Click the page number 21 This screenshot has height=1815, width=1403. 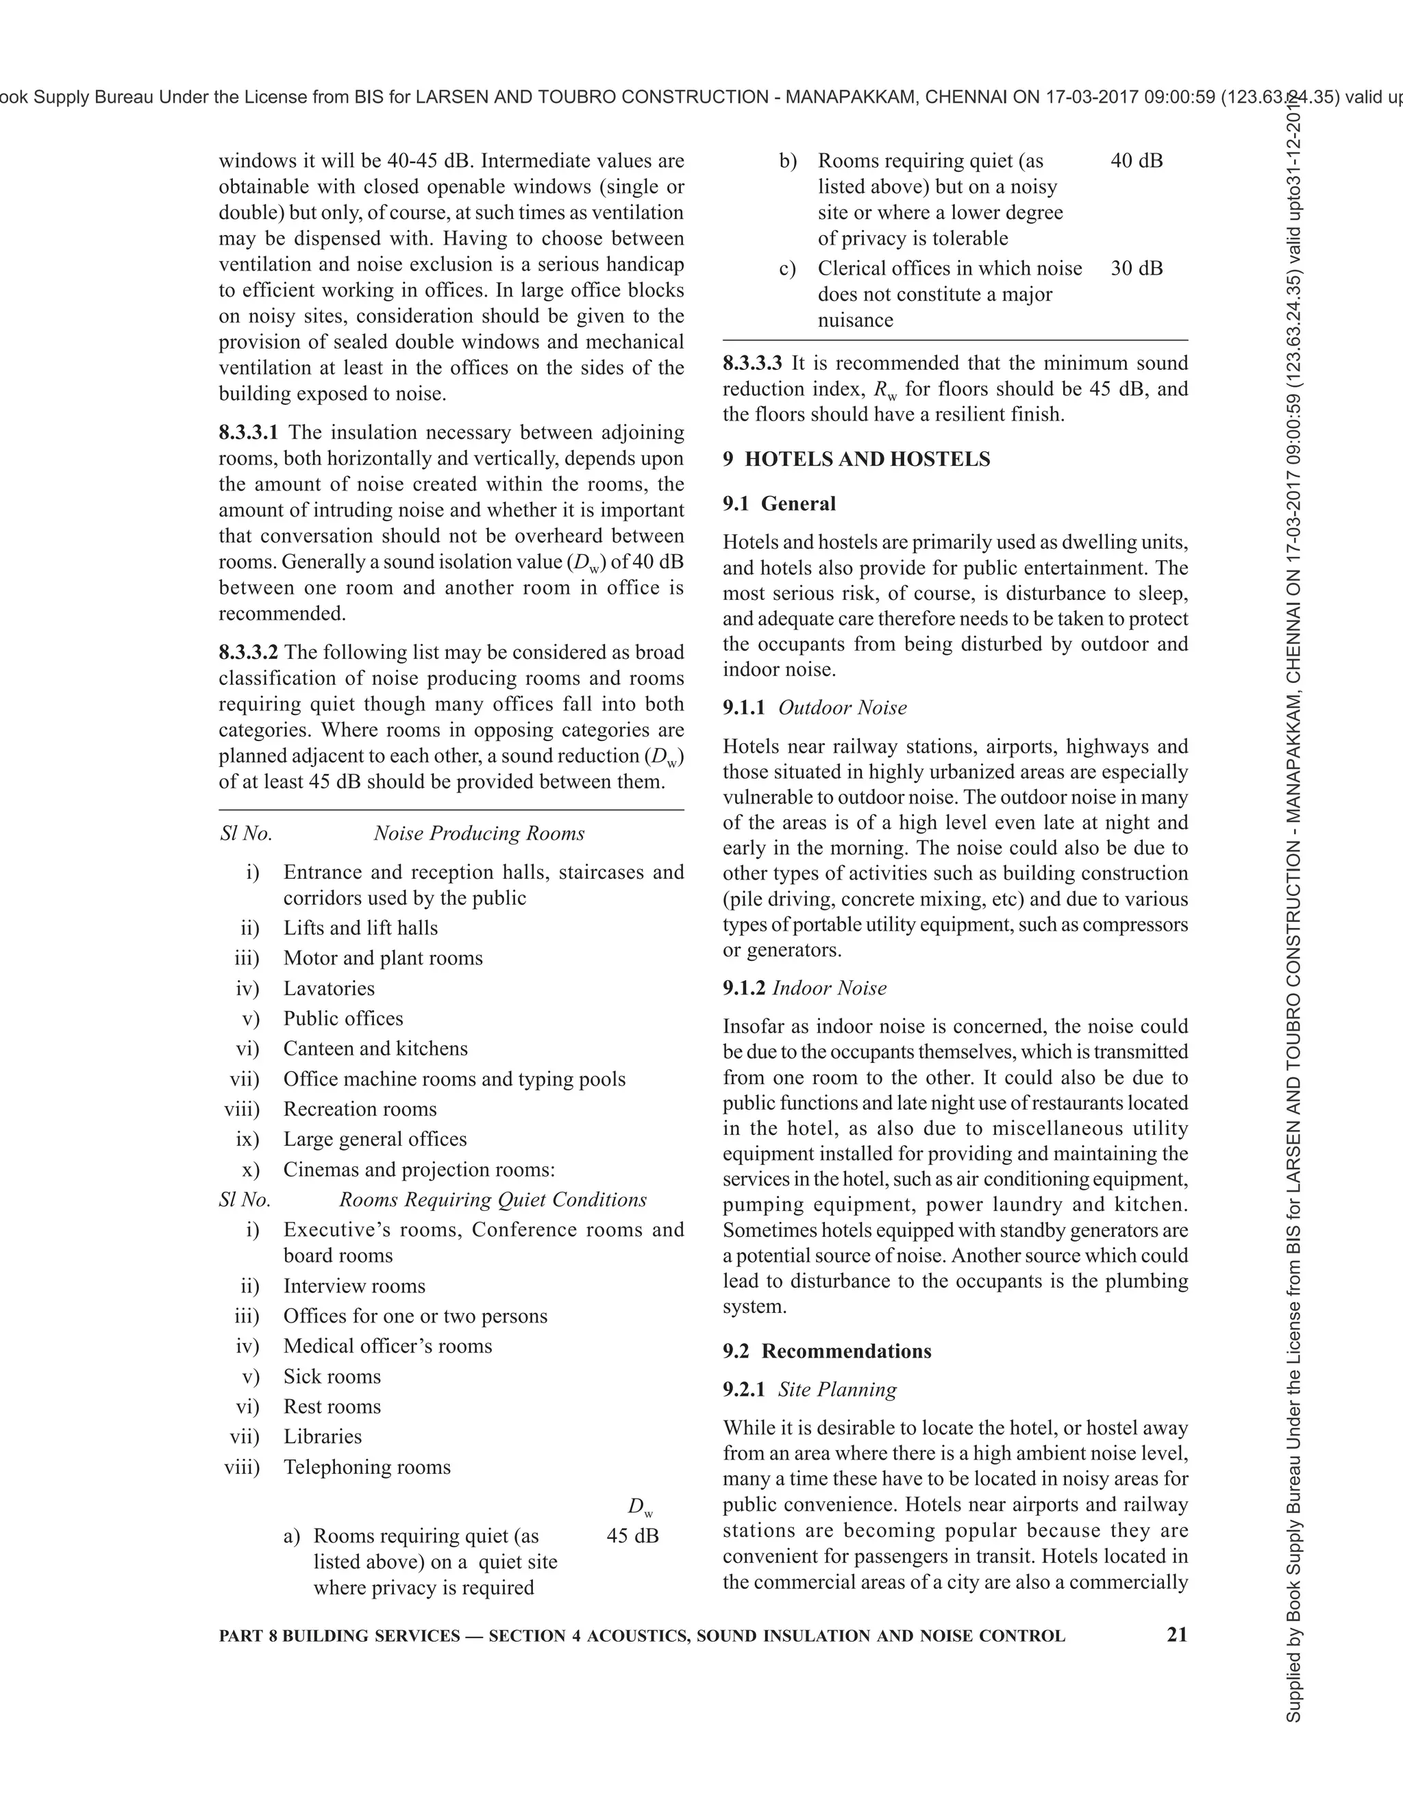1177,1635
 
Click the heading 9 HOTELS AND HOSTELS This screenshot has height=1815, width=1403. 856,460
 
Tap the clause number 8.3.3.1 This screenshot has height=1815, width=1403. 249,433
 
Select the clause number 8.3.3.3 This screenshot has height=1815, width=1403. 752,363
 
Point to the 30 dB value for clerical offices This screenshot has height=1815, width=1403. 1137,268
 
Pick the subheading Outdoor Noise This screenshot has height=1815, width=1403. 842,708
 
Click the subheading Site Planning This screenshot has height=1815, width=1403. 837,1390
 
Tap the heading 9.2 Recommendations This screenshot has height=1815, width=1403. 827,1351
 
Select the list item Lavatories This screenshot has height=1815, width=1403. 329,989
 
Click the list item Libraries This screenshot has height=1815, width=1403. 323,1437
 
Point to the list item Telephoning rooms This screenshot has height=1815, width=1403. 367,1468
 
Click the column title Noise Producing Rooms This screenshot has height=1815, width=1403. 479,834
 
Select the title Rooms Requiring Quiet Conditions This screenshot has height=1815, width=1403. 492,1200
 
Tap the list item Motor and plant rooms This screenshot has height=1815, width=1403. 382,958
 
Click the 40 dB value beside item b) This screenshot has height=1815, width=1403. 1137,161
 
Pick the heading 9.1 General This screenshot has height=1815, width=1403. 779,503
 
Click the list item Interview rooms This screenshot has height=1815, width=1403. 354,1286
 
